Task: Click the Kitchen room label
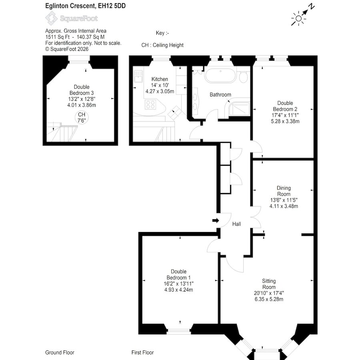point(160,79)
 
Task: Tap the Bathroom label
point(220,94)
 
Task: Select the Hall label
point(236,224)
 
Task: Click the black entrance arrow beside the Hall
point(216,221)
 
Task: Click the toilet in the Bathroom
point(243,77)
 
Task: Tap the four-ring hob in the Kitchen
point(150,104)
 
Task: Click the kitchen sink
point(138,76)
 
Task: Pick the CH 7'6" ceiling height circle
point(82,118)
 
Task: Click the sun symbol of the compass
point(298,18)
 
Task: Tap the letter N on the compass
point(311,6)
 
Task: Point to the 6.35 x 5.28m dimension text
point(269,299)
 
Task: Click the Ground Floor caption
point(60,352)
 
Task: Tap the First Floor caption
point(142,352)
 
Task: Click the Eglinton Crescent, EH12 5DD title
point(86,6)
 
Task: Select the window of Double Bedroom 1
point(178,331)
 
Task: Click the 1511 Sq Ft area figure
point(57,37)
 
